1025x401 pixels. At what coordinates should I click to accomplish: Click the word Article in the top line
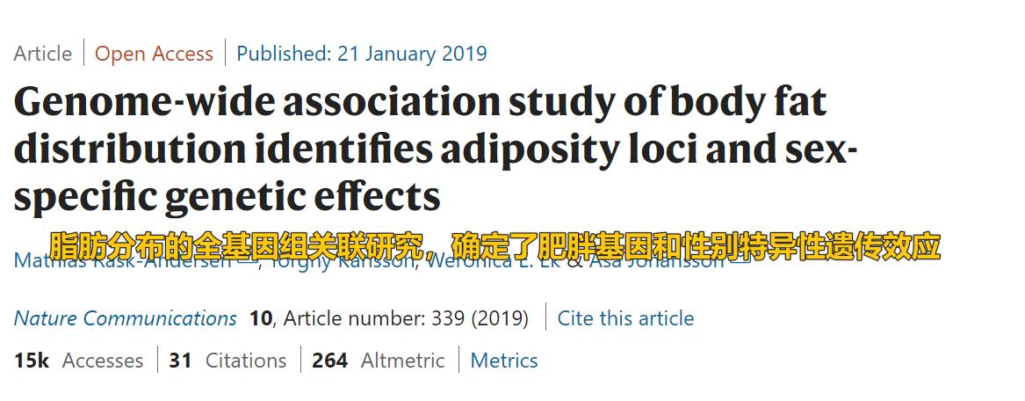click(43, 54)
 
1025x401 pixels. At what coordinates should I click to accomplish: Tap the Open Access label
click(154, 54)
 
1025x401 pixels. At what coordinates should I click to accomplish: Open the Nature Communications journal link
click(125, 318)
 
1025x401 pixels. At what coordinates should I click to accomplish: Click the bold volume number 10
click(261, 318)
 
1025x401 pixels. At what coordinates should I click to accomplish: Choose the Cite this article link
click(625, 318)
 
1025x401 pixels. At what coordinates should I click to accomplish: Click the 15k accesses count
click(32, 361)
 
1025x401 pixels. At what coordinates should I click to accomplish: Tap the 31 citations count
click(181, 361)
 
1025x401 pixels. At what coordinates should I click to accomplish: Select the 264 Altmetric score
click(329, 361)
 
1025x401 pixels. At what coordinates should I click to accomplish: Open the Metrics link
click(504, 361)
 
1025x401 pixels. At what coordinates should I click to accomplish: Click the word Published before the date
click(284, 54)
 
